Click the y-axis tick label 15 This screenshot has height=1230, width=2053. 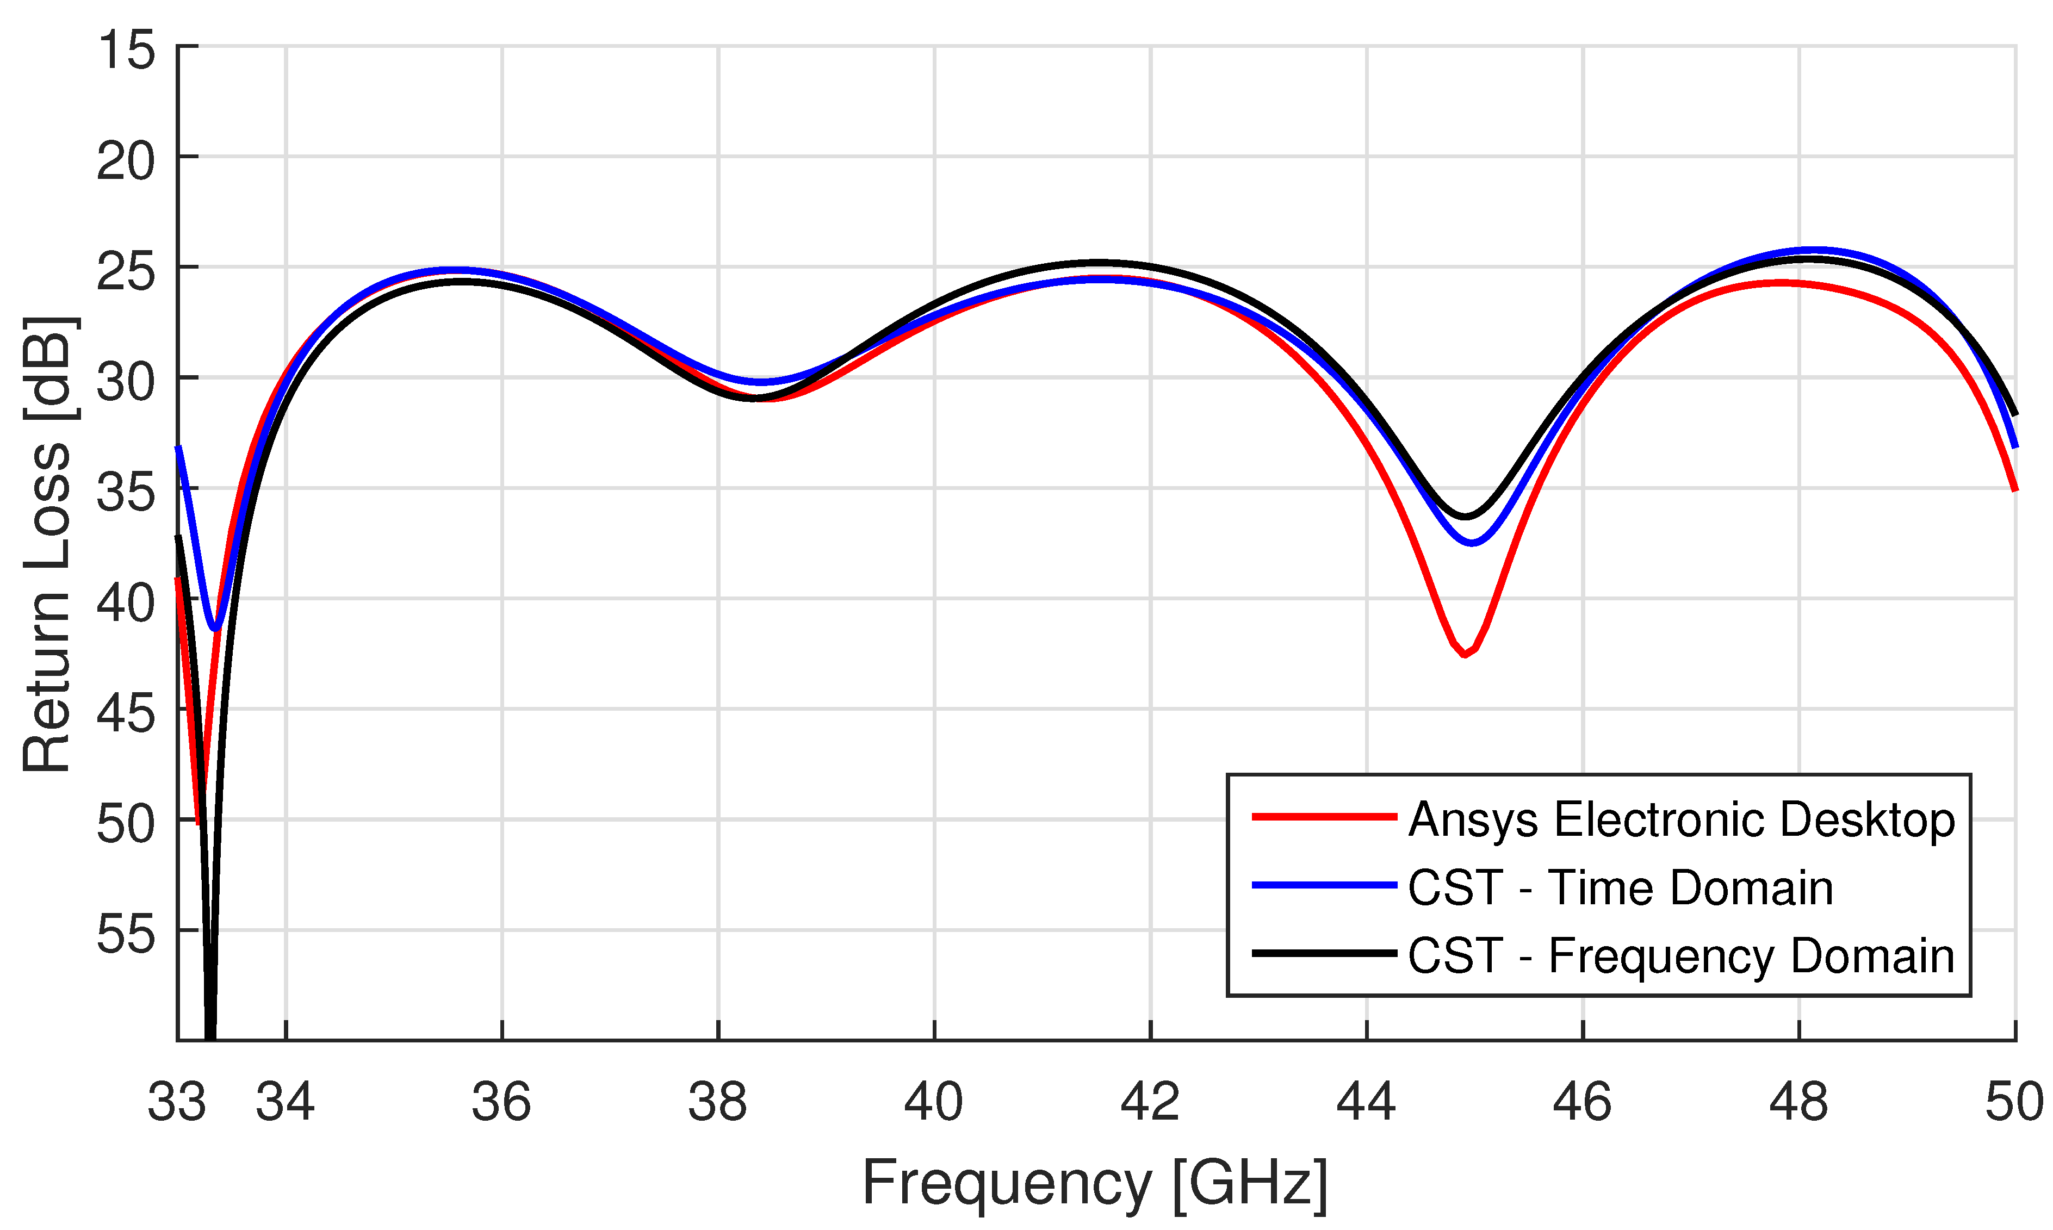point(126,49)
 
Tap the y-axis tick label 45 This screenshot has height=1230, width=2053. point(126,713)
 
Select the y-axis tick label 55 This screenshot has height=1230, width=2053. point(126,934)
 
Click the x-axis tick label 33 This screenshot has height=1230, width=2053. point(177,1102)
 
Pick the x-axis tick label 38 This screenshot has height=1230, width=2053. point(718,1102)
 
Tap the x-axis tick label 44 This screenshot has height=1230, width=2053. point(1366,1102)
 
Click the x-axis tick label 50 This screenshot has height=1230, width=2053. point(2014,1102)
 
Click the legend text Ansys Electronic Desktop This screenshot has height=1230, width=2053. point(1682,819)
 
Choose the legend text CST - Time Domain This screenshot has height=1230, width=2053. point(1620,887)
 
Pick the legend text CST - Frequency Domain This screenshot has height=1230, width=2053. point(1682,955)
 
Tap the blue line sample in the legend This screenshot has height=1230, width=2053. point(1324,885)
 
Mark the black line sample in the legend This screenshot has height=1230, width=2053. point(1324,953)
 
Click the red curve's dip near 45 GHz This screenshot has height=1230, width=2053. point(1465,655)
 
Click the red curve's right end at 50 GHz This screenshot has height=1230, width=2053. point(2014,489)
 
